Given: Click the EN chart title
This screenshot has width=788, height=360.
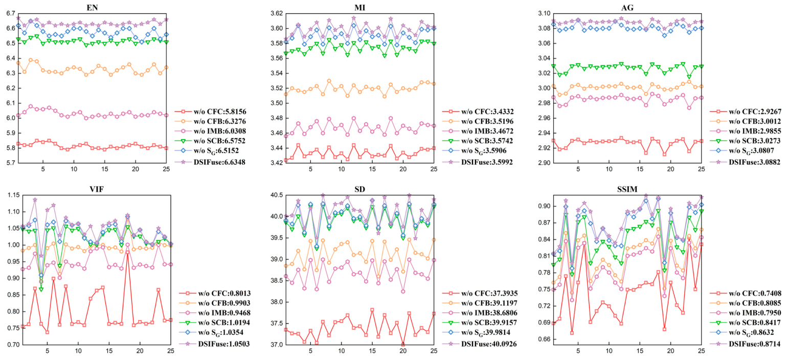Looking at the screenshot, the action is (x=92, y=7).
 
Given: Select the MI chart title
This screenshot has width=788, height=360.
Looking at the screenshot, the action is (x=359, y=7).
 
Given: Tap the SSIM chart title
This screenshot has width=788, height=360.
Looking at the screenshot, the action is (x=627, y=189).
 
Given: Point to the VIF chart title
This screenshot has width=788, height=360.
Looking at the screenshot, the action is (x=96, y=189).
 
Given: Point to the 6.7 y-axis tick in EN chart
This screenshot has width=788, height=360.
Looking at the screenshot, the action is (x=11, y=13).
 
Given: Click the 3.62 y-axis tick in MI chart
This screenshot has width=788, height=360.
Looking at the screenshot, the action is (x=277, y=13).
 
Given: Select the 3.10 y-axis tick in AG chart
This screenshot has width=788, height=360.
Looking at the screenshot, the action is (x=544, y=13).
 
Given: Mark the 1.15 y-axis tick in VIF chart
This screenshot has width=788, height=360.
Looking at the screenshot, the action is (x=13, y=195).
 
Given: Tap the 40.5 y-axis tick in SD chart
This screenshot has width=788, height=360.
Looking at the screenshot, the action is (x=277, y=195).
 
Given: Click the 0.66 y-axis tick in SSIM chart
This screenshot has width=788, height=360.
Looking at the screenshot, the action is (x=544, y=339).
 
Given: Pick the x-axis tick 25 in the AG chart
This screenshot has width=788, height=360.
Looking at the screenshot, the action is (x=701, y=169).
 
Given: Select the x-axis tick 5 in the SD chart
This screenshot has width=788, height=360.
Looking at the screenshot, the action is (x=310, y=350).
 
